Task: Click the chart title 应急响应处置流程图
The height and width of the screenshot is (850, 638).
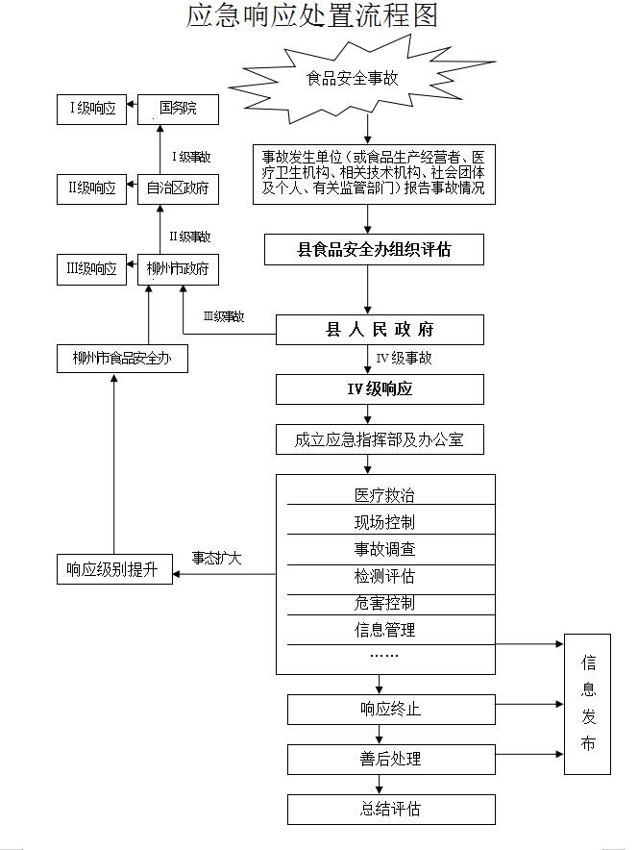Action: point(312,15)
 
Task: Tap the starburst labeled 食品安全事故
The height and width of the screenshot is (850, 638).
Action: point(353,79)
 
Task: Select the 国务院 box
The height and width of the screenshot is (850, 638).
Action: point(178,110)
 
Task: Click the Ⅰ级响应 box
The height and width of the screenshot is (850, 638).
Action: point(91,110)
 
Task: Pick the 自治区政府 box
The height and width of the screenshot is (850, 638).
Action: point(178,189)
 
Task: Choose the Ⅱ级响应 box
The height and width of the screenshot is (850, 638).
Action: point(91,189)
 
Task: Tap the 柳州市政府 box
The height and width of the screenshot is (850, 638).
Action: point(178,269)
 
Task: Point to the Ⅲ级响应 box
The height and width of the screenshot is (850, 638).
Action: point(91,269)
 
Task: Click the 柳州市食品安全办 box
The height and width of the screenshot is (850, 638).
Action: point(122,359)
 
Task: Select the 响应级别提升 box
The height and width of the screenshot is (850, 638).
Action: point(114,569)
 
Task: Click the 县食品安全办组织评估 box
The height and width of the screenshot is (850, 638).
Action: point(374,249)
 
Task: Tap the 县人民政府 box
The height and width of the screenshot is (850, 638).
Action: point(380,330)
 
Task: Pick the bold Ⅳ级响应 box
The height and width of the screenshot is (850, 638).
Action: point(380,389)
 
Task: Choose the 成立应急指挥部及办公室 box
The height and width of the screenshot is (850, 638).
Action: point(380,439)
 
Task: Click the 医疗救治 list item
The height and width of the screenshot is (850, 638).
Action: point(384,495)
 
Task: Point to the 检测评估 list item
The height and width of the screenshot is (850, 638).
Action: point(384,576)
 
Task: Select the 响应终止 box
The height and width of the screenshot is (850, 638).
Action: point(391,709)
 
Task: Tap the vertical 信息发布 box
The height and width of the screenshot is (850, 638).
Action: point(588,704)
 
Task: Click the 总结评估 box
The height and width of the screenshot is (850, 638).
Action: point(391,810)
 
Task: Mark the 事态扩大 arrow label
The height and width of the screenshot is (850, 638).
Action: point(216,559)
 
